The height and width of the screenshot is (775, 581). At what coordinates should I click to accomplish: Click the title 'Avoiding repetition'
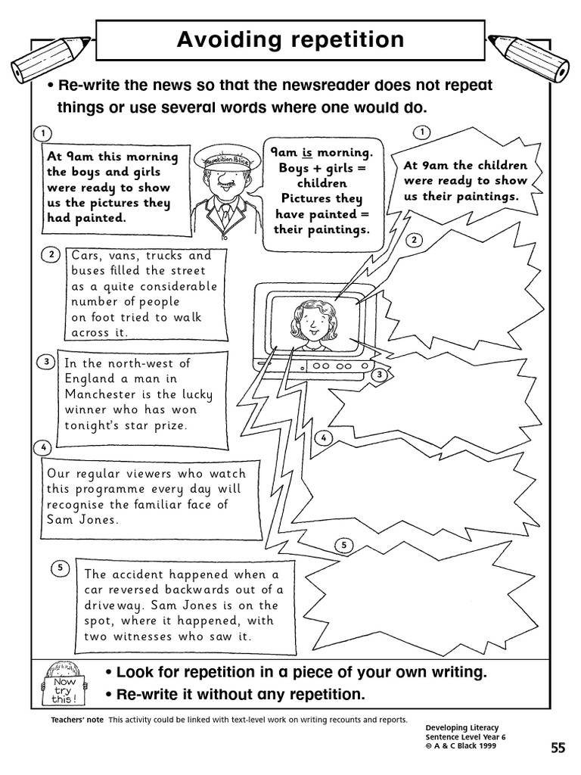(x=290, y=39)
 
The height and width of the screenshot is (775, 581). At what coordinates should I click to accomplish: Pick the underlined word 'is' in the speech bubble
(x=308, y=152)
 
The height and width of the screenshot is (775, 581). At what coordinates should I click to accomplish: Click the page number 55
(x=558, y=749)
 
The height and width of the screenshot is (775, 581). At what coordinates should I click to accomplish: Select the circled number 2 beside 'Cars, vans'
(x=51, y=254)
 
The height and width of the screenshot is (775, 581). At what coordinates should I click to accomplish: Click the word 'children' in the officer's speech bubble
(x=322, y=183)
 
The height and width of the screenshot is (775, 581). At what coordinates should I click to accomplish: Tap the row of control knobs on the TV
(x=337, y=366)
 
